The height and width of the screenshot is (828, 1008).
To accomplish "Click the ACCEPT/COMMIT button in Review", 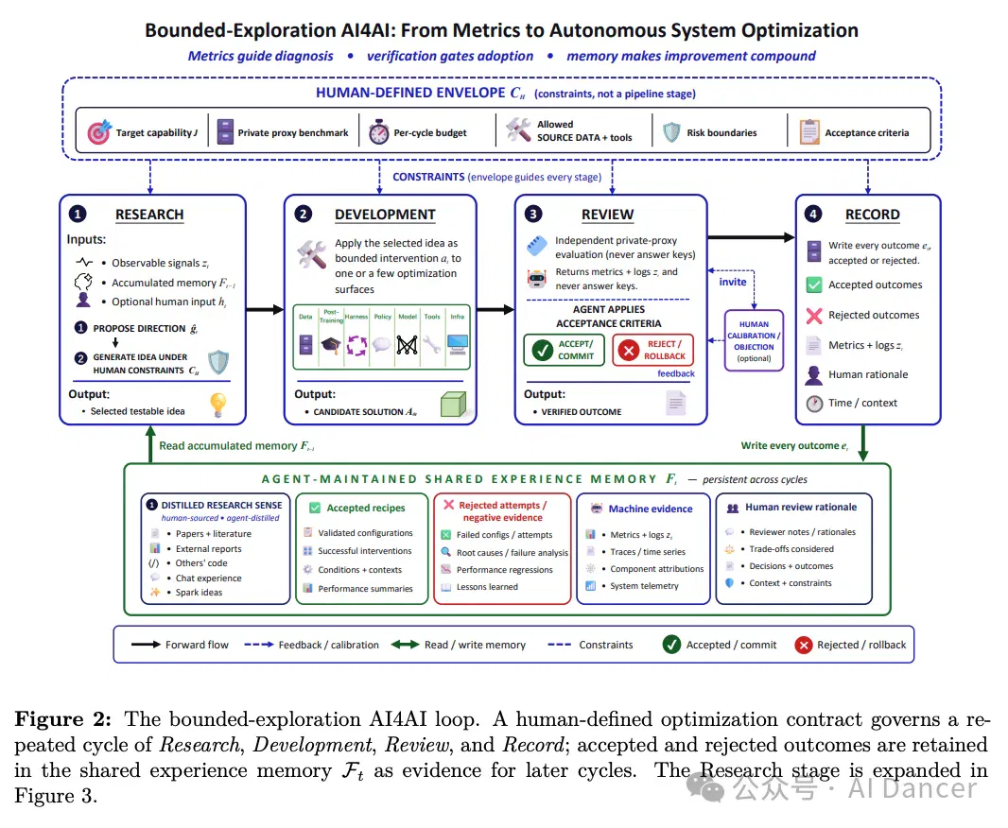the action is (x=564, y=350).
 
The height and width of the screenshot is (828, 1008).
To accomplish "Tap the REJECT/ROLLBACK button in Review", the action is (x=653, y=350).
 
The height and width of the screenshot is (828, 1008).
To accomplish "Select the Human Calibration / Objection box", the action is (x=754, y=341).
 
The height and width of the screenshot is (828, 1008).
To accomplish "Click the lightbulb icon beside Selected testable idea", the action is (x=218, y=405).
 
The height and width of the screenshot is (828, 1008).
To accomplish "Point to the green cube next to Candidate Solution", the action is (x=453, y=405).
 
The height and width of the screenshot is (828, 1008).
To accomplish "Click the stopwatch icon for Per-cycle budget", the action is (x=378, y=131).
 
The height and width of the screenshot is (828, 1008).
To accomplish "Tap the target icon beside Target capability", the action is (x=99, y=131).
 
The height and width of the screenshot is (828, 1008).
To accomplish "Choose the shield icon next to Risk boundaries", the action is (x=671, y=132).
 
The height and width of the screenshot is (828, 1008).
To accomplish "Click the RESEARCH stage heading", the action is (x=149, y=215).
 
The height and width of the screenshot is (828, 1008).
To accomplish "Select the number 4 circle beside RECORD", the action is (x=813, y=214).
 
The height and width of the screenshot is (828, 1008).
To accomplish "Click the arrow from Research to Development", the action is (x=265, y=310).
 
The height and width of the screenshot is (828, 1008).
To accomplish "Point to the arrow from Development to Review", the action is (x=495, y=310).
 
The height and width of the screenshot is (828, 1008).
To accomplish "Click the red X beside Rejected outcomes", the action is (x=814, y=316).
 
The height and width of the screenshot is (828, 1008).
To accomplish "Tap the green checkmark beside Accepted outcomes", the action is (x=814, y=285).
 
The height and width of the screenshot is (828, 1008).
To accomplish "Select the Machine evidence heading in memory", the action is (x=651, y=509).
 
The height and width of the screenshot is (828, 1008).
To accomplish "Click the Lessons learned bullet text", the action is (x=487, y=586).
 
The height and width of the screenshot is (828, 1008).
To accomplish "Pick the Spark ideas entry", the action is (x=199, y=593).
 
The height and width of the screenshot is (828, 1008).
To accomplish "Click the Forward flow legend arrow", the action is (x=146, y=645).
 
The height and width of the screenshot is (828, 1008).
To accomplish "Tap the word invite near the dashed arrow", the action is (x=733, y=282).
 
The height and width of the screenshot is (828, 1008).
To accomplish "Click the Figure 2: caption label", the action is (x=62, y=719).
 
